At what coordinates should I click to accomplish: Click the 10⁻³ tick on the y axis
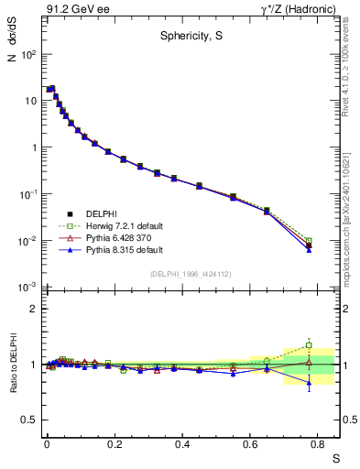point(27,288)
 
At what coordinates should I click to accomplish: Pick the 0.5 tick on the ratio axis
point(29,420)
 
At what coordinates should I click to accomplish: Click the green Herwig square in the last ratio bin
point(309,345)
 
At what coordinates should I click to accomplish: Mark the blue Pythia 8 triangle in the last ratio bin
point(309,384)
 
